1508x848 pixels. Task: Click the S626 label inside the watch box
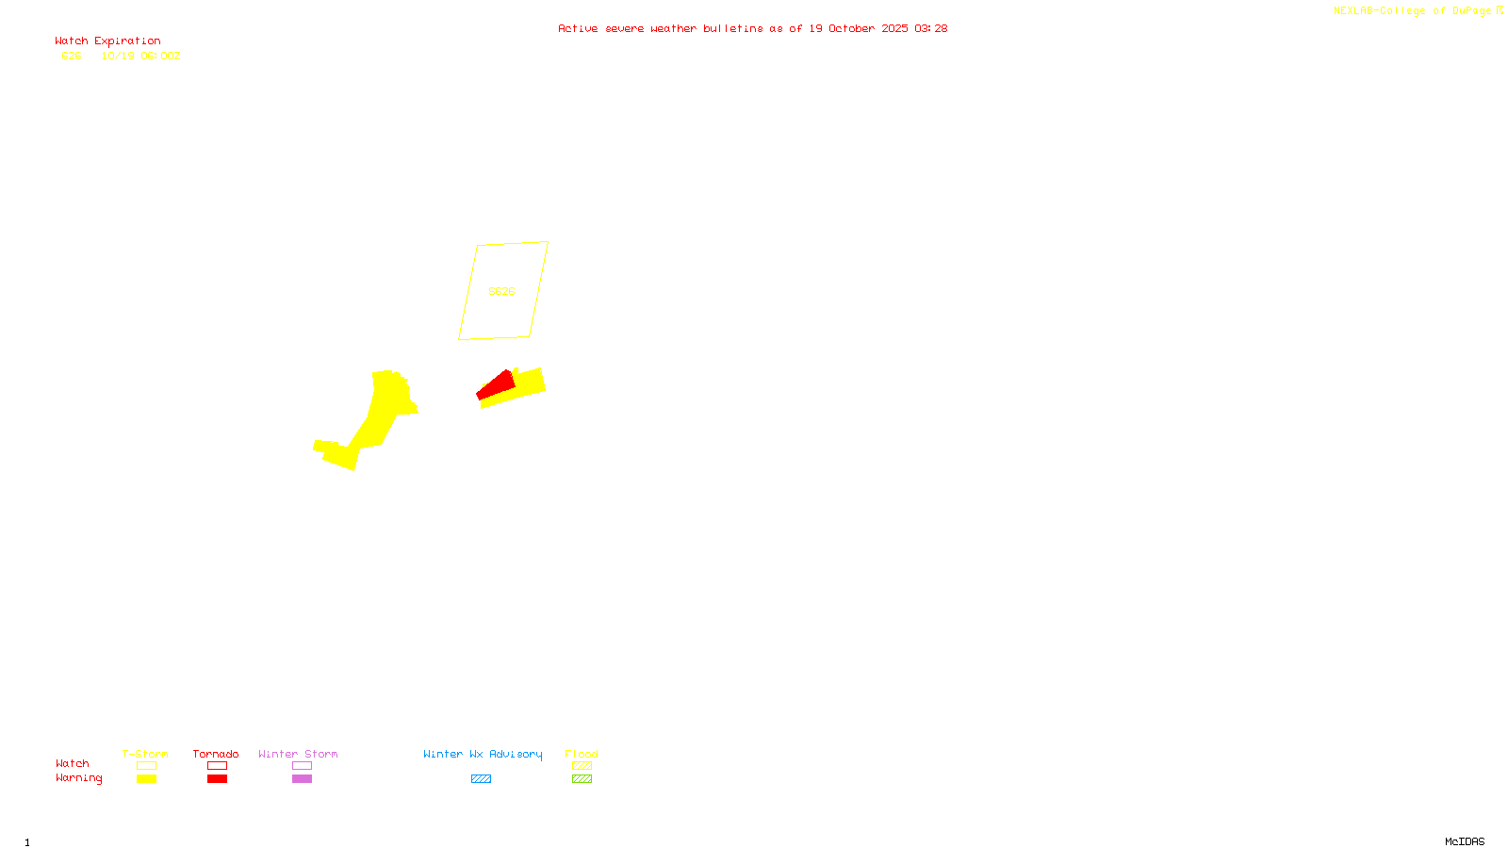(x=501, y=291)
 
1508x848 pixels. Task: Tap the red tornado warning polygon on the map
(x=497, y=384)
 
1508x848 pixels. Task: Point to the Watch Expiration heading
(x=107, y=41)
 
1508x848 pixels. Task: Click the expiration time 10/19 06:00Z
(x=140, y=57)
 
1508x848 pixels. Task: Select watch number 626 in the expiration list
(x=72, y=57)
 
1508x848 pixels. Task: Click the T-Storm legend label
(x=145, y=754)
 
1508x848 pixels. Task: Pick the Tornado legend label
(x=216, y=754)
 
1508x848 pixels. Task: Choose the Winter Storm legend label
(x=298, y=754)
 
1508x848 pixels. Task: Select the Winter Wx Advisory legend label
(x=483, y=754)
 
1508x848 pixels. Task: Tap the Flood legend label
(x=582, y=754)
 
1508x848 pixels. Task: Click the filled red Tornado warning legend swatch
(x=217, y=779)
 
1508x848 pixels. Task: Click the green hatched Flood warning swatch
(x=582, y=779)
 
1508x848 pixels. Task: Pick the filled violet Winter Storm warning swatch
(x=302, y=779)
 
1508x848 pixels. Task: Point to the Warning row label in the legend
(x=78, y=778)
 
